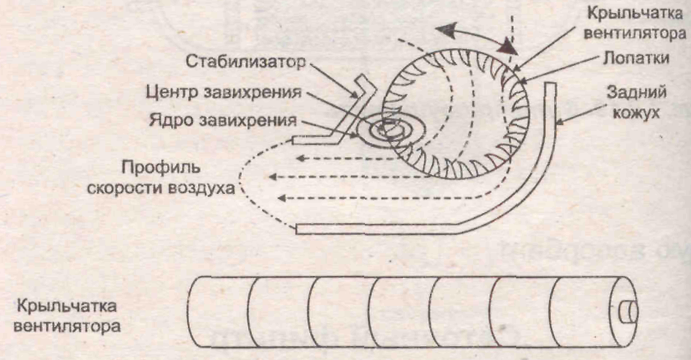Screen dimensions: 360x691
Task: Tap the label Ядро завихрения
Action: [233, 119]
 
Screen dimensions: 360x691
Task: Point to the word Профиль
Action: [151, 165]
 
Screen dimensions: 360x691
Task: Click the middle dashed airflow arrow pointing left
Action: [344, 176]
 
